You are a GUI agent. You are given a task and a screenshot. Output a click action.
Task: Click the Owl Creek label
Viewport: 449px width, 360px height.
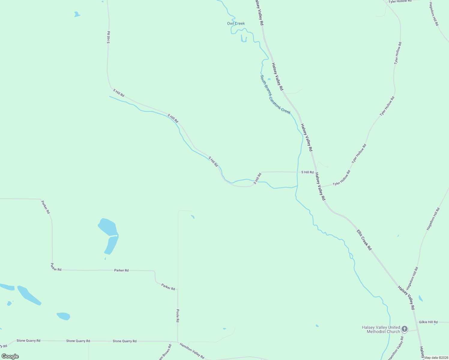pos(236,23)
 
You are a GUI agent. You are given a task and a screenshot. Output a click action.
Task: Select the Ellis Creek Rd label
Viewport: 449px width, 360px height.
pos(364,240)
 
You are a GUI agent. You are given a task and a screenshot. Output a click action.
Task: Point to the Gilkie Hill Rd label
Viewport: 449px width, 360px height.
pos(428,322)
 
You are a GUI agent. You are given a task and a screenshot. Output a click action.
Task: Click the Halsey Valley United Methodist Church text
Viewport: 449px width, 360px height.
pos(381,329)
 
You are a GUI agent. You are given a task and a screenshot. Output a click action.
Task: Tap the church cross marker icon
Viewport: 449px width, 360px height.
pos(405,329)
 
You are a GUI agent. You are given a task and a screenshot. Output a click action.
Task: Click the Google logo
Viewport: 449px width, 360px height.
pos(10,356)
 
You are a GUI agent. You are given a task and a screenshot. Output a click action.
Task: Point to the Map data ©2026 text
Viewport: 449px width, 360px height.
pos(436,358)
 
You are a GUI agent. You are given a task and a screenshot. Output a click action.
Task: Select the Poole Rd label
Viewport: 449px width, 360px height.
pos(178,316)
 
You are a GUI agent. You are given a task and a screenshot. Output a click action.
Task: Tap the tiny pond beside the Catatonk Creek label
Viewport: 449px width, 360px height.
pos(269,79)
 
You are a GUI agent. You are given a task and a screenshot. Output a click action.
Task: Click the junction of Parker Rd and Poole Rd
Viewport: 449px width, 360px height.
pos(178,290)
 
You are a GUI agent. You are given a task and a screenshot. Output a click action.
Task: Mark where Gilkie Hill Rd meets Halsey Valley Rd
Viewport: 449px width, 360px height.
pos(417,322)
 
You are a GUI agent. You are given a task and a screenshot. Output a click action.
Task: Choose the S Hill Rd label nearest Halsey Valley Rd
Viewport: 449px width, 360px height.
pos(307,172)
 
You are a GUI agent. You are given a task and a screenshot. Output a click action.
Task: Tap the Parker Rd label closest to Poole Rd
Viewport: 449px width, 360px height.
pos(168,287)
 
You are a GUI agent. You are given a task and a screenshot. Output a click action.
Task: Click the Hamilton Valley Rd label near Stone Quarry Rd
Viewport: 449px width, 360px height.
pos(192,350)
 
